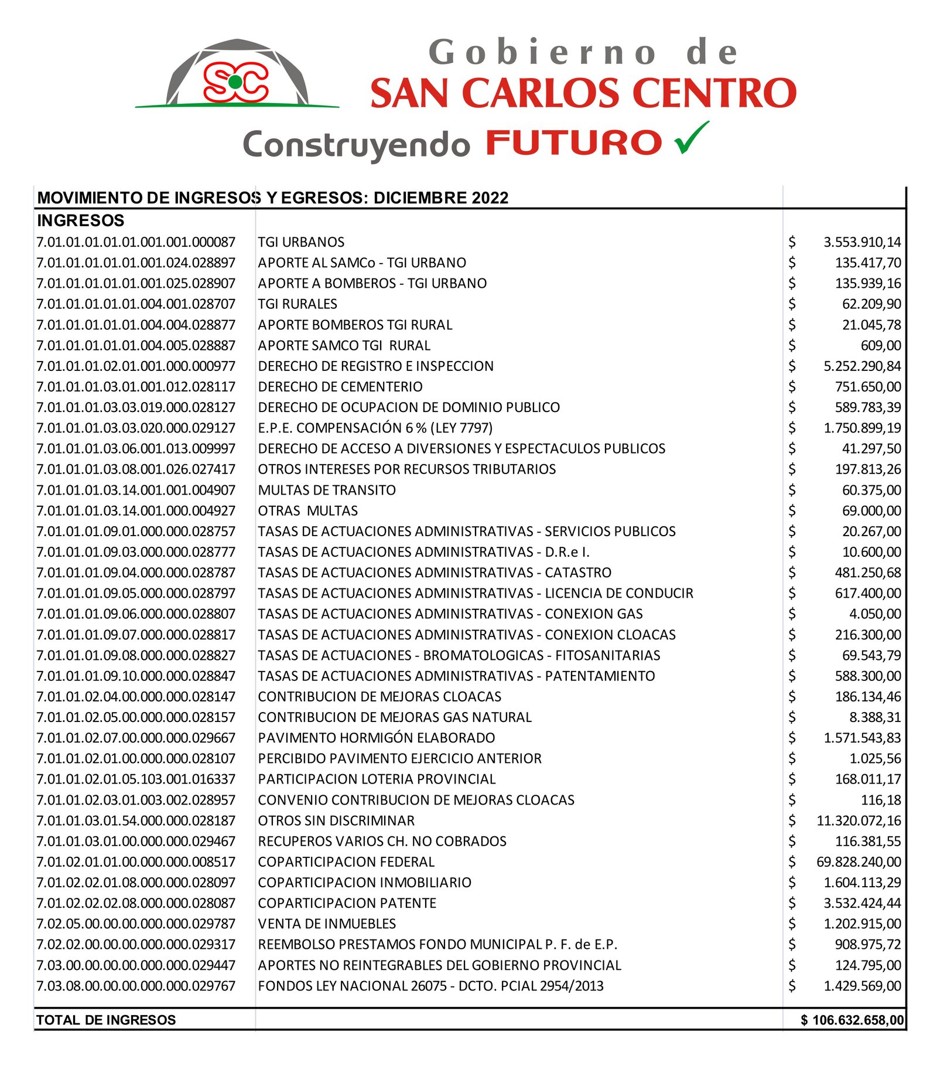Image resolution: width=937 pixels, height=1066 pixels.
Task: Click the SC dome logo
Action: click(x=237, y=75)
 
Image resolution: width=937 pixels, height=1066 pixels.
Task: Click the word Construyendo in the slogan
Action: click(x=356, y=145)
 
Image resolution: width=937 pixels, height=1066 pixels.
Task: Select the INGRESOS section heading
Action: click(x=81, y=220)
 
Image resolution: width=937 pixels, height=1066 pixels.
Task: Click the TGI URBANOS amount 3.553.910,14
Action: click(x=861, y=242)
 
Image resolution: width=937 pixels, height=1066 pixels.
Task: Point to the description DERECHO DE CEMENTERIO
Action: click(x=340, y=387)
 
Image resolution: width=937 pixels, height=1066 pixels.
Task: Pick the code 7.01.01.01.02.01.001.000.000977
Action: click(x=136, y=366)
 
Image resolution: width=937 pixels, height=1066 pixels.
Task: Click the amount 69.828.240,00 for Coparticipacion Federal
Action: click(x=859, y=862)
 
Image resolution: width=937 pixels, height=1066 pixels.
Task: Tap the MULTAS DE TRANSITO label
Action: click(x=327, y=490)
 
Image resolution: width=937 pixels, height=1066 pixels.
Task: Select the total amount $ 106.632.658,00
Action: click(x=852, y=1020)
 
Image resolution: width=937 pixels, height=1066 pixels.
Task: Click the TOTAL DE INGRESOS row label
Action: click(x=106, y=1020)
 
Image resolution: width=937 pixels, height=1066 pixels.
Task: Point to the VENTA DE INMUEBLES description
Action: click(x=327, y=924)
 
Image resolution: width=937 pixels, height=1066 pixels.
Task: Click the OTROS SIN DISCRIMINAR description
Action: click(x=336, y=820)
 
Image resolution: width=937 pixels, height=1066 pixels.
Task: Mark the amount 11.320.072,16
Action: click(x=859, y=820)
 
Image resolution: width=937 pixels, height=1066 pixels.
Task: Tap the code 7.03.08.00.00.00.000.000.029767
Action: click(x=136, y=986)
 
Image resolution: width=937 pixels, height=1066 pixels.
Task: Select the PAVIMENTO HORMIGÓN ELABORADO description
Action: click(x=376, y=738)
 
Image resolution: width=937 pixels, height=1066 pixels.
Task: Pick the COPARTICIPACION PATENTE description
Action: click(x=347, y=903)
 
